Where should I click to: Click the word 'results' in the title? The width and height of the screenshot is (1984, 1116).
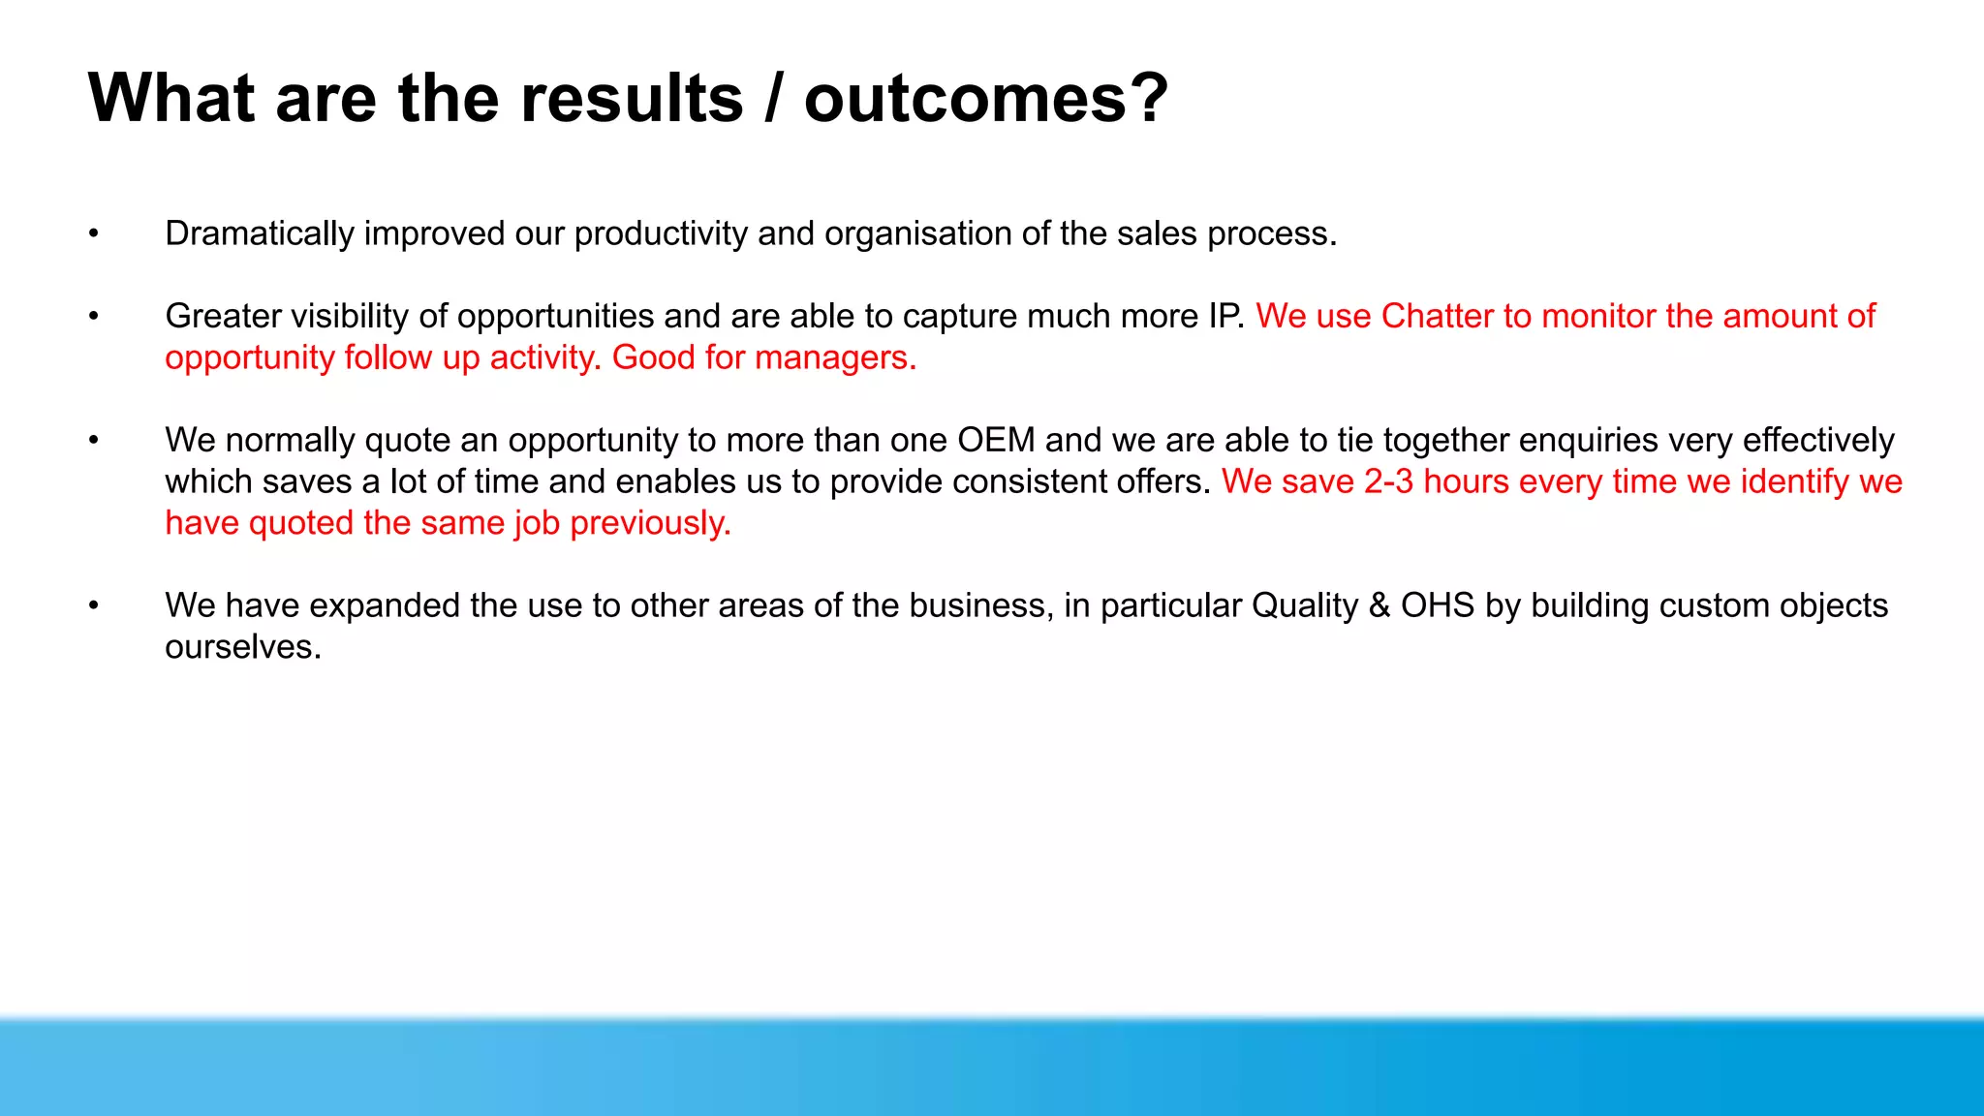click(632, 99)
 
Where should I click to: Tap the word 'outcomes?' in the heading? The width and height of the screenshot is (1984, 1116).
click(986, 99)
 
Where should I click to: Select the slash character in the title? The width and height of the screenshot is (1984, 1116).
click(773, 99)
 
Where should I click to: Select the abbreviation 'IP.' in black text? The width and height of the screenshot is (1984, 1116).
click(1227, 317)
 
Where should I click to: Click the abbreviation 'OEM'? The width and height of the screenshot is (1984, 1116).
click(996, 441)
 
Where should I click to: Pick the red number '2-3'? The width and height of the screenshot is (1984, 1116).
click(1388, 482)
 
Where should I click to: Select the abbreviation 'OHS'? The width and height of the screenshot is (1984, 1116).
click(1437, 606)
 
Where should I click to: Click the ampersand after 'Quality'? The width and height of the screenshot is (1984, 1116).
click(1379, 606)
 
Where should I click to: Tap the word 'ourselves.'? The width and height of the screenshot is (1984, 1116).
click(243, 647)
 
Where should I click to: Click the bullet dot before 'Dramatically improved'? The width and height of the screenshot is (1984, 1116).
click(94, 234)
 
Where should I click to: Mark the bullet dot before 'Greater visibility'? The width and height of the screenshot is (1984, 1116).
click(94, 317)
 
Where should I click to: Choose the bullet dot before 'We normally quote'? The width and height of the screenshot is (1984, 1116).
click(94, 441)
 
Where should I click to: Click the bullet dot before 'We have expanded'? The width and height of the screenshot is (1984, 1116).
click(94, 606)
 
